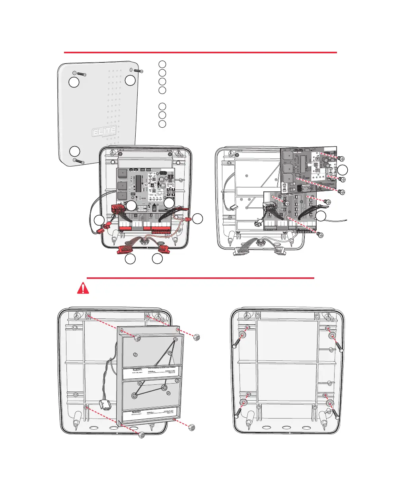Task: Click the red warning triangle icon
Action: coord(83,288)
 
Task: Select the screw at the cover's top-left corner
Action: coord(81,74)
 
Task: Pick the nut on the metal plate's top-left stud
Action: coord(138,337)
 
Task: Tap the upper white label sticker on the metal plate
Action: coord(152,373)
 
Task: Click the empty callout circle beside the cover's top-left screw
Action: coord(73,82)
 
